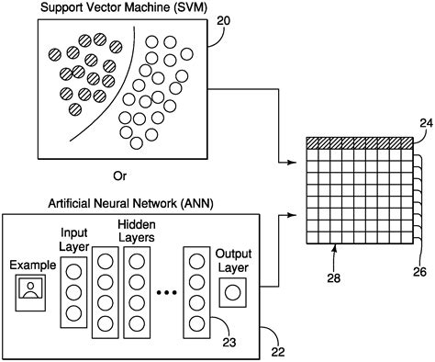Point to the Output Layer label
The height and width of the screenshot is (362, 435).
(231, 259)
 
